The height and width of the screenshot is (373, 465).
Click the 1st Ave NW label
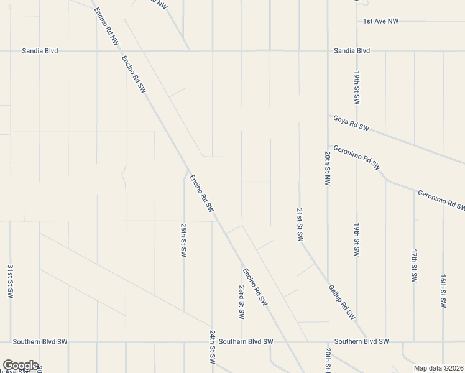point(380,21)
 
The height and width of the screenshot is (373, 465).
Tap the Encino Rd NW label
point(106,26)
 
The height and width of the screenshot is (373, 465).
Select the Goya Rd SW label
point(351,123)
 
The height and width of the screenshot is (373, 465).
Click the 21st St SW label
point(299,224)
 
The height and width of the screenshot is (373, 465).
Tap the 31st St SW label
point(11,281)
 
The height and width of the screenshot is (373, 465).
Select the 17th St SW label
point(413,265)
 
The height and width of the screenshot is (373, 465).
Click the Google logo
point(20,366)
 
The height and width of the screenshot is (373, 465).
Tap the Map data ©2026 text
point(438,368)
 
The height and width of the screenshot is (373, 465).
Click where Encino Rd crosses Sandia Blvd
point(116,50)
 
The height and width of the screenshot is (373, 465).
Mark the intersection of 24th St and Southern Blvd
point(212,341)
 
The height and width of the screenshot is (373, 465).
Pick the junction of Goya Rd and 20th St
point(328,114)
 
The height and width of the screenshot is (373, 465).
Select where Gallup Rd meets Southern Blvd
point(368,341)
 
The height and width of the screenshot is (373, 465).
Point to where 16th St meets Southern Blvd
point(443,341)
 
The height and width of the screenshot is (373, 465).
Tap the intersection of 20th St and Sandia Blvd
point(328,50)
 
